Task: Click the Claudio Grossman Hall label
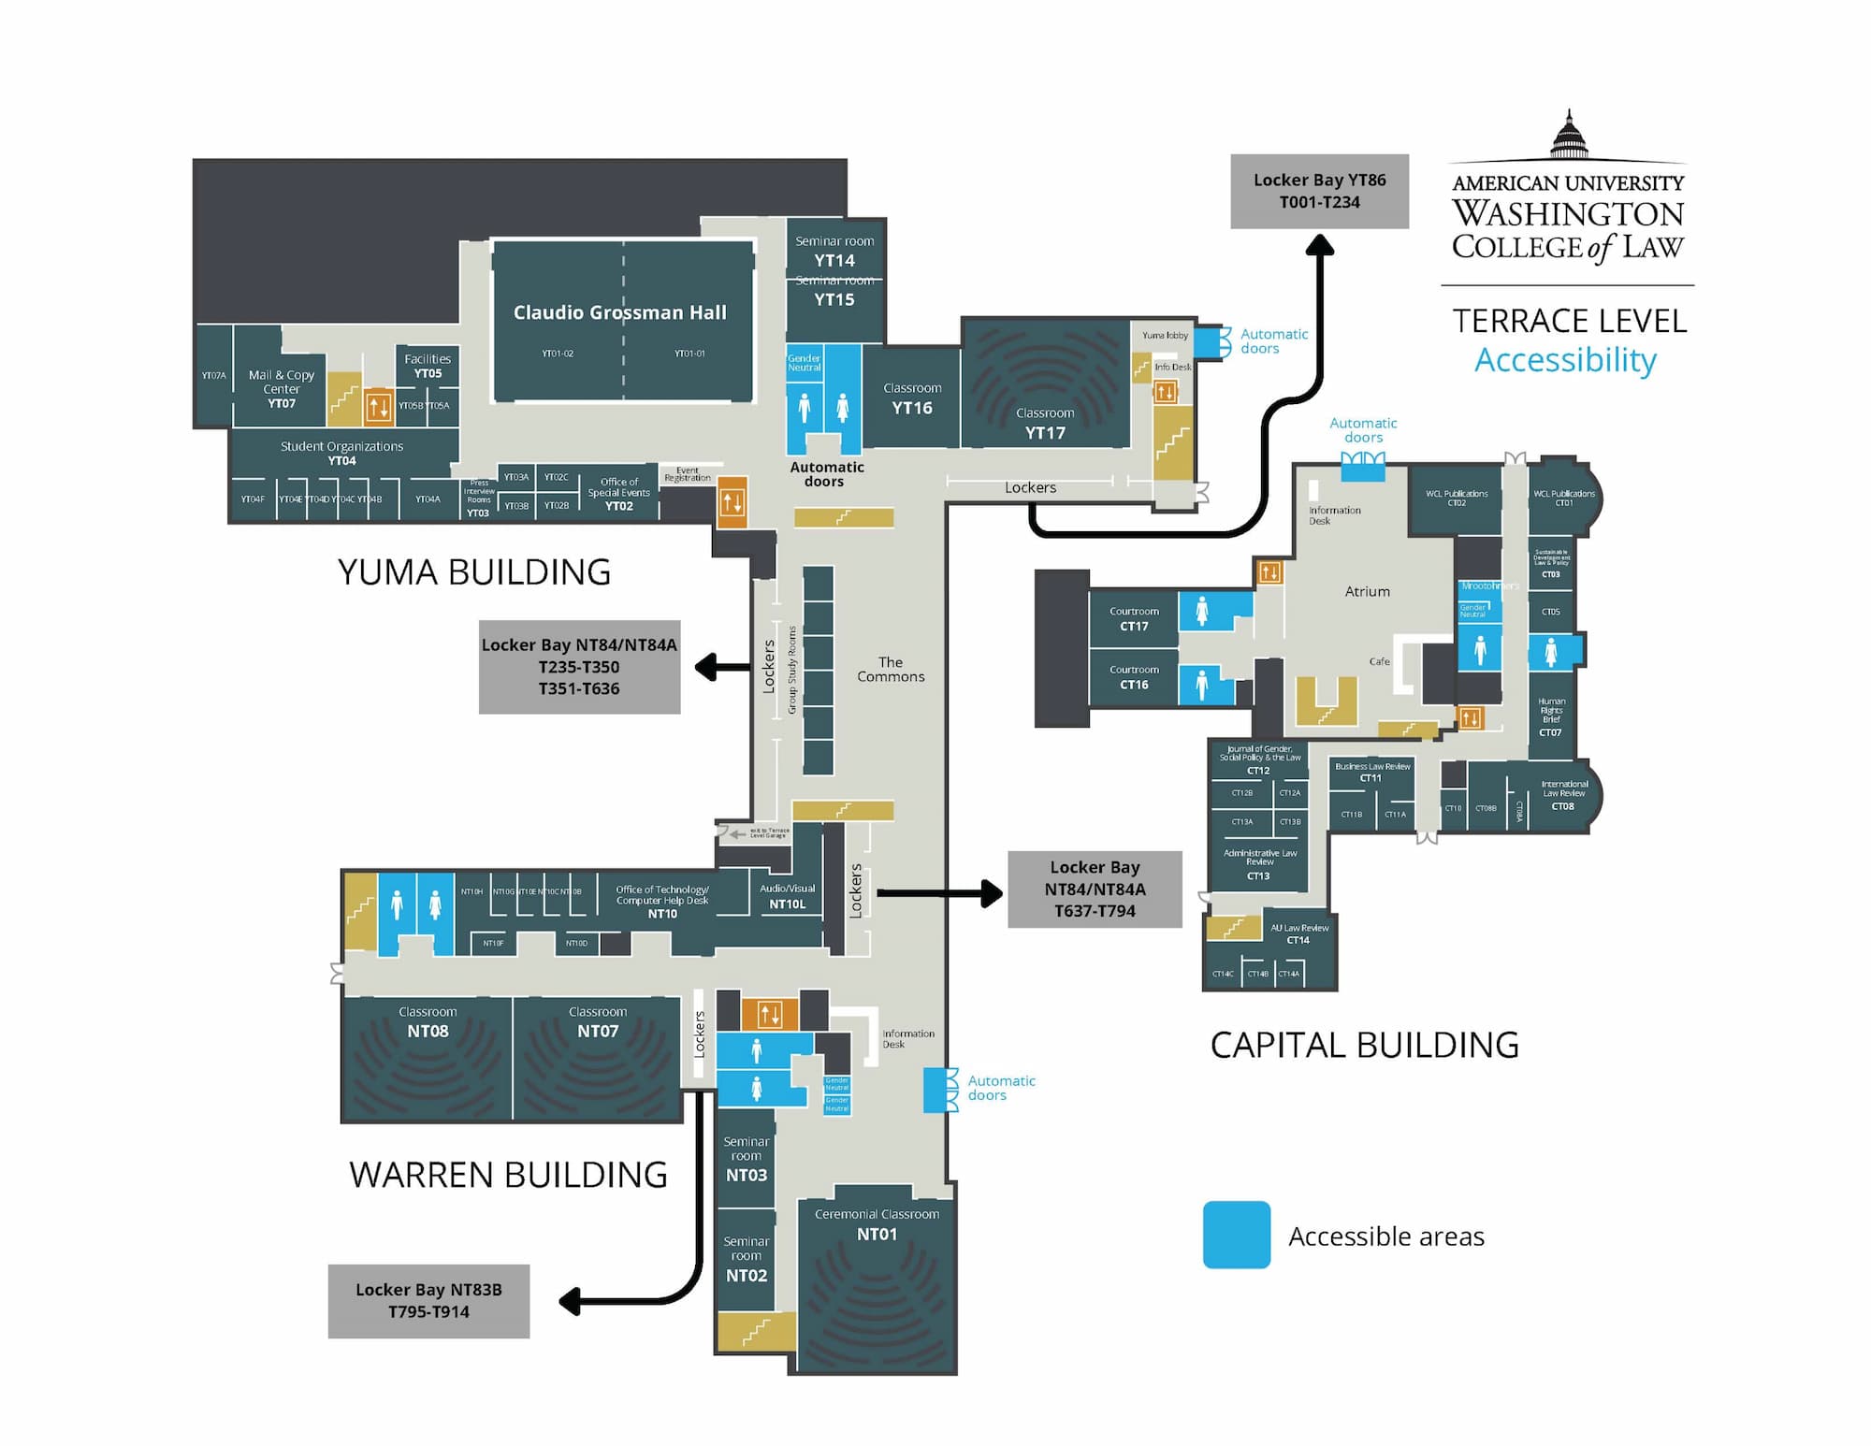click(x=620, y=312)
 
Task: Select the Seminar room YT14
click(x=834, y=251)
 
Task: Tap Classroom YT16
click(x=912, y=398)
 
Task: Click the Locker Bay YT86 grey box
click(x=1319, y=191)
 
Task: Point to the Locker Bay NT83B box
click(x=428, y=1301)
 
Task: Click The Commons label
click(x=891, y=670)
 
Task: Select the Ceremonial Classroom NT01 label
click(x=877, y=1224)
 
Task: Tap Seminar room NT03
click(x=746, y=1159)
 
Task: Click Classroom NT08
click(x=428, y=1022)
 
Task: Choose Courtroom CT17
click(x=1134, y=618)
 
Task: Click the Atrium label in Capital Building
click(x=1367, y=591)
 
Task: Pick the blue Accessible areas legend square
click(x=1236, y=1235)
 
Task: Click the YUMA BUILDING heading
click(x=473, y=571)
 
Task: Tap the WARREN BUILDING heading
click(x=508, y=1175)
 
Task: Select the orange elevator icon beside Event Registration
click(x=732, y=502)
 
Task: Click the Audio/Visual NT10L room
click(x=787, y=896)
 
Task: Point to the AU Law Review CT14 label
click(x=1298, y=933)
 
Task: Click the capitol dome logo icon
click(x=1569, y=136)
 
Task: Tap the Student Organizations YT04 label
click(x=341, y=453)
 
